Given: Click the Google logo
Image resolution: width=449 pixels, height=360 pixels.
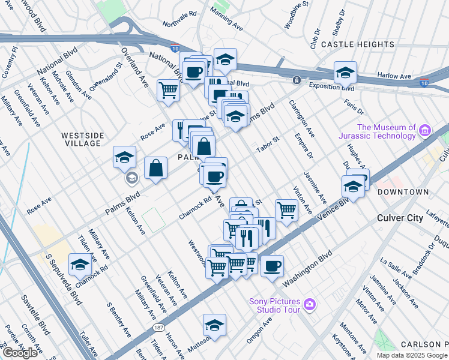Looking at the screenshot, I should [x=20, y=352].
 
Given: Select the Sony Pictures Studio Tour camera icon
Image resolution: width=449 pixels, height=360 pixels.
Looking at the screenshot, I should [x=309, y=304].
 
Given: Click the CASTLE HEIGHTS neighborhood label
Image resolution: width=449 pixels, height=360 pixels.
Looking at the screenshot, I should [x=358, y=44].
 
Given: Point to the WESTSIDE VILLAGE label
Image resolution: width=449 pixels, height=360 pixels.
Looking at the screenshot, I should [x=81, y=139].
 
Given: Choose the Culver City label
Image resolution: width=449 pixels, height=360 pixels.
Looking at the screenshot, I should [x=400, y=218].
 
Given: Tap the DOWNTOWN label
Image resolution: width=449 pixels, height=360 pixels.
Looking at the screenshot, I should [x=403, y=192].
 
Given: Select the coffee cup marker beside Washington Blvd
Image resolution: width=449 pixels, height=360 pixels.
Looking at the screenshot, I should [x=271, y=266].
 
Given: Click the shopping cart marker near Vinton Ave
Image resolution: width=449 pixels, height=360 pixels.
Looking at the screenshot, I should [x=287, y=210].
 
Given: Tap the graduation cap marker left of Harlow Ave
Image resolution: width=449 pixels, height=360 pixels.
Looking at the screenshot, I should [x=345, y=73].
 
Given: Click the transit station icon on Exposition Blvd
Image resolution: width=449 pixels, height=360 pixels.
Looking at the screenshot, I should [x=297, y=80].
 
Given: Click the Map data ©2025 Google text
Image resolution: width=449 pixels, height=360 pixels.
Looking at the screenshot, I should [x=411, y=355].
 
